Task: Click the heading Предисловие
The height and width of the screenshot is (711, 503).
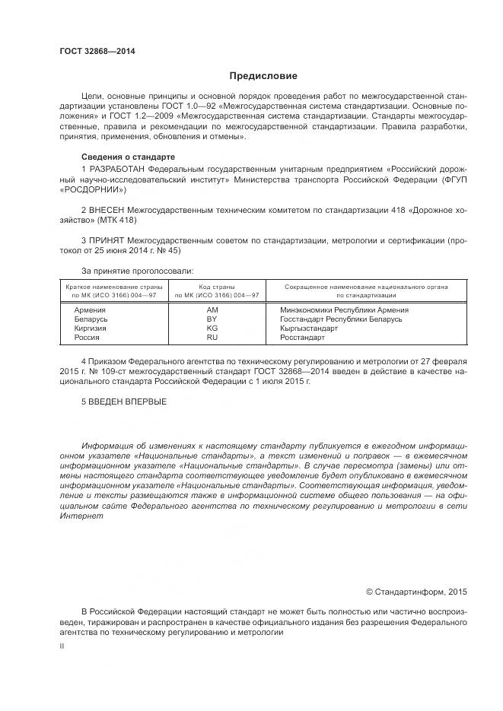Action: [263, 76]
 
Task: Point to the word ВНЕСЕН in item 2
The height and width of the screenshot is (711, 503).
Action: [106, 208]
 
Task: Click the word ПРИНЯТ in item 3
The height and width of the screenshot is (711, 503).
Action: [107, 240]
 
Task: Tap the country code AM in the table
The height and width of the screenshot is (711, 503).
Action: [212, 310]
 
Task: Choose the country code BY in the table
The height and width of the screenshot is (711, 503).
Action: [212, 319]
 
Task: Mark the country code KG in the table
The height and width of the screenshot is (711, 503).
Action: [212, 328]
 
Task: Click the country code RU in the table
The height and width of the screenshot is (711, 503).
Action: [212, 337]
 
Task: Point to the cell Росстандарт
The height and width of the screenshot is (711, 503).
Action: [302, 337]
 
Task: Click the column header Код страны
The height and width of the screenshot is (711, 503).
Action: [216, 287]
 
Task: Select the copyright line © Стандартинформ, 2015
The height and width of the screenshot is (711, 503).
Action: [416, 591]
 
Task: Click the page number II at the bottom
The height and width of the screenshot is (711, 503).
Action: [62, 646]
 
